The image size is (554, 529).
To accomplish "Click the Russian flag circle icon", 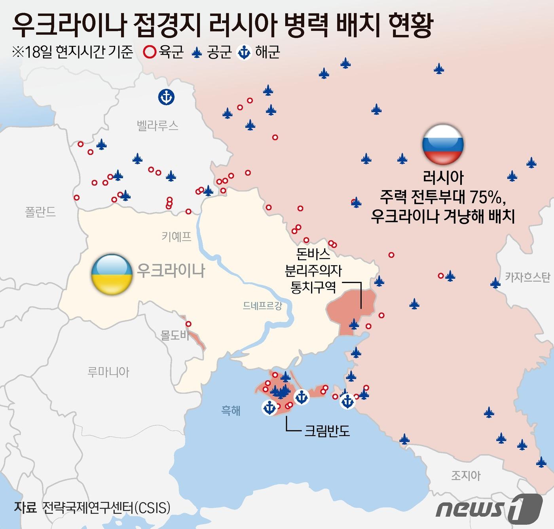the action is [443, 145].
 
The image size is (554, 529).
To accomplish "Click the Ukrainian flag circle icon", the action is [112, 275].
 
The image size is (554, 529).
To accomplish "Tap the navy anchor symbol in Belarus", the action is [166, 97].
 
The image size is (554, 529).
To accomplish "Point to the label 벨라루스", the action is [157, 126].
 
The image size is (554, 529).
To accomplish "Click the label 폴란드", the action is [40, 212].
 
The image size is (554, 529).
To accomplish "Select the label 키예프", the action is [176, 237].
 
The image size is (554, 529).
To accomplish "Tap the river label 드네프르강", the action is [263, 306].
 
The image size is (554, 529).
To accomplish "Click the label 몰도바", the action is [175, 335].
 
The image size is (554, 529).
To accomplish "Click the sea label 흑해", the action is [231, 411].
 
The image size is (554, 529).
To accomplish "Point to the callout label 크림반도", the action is [327, 430].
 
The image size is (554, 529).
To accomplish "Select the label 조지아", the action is [466, 475].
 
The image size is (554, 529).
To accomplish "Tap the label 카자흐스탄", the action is [527, 277].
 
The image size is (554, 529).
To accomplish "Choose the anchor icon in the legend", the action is [244, 52].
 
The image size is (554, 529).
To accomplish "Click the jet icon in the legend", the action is [197, 52].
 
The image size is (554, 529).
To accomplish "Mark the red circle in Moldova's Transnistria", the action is [188, 324].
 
